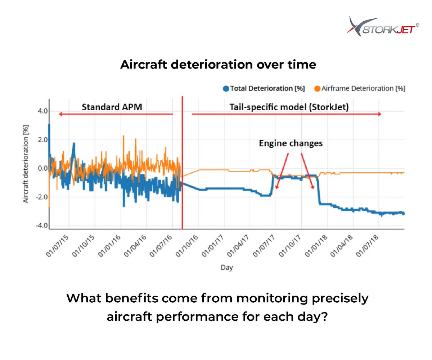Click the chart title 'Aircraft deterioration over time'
(218, 65)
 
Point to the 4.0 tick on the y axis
(42, 111)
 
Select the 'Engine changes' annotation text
(291, 143)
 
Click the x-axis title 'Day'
(226, 268)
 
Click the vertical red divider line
(183, 162)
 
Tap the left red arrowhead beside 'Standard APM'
(61, 114)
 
